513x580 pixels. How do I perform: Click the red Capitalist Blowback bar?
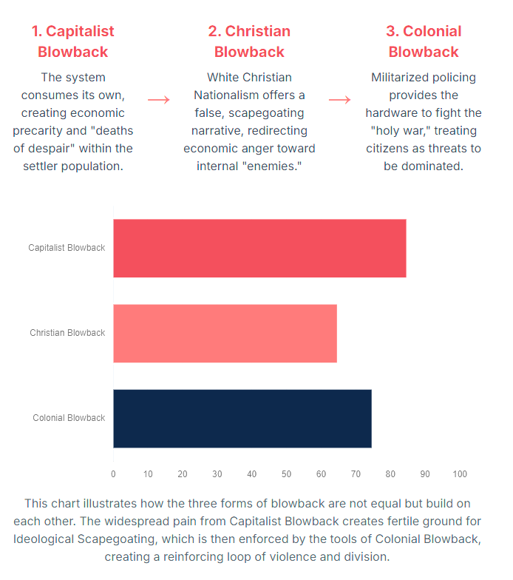(259, 248)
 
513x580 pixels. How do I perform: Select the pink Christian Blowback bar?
(225, 333)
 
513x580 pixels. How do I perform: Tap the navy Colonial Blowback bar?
(242, 418)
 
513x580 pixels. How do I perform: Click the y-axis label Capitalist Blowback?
(67, 248)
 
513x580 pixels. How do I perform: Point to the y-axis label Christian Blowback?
(67, 333)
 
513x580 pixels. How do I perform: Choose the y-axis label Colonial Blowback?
(69, 418)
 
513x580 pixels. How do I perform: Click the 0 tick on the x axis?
(113, 474)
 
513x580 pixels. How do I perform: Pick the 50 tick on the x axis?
(287, 474)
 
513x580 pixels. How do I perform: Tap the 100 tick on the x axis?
(460, 474)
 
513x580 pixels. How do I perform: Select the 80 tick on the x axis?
(390, 474)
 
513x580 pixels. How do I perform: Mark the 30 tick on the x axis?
(217, 474)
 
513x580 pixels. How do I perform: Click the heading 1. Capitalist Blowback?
(72, 41)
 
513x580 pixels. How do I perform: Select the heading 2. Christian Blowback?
(249, 41)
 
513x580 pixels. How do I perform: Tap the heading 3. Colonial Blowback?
(424, 41)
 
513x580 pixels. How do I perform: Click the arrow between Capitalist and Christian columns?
(158, 100)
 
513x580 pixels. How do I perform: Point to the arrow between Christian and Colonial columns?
(339, 100)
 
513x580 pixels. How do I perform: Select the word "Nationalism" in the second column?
(225, 95)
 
